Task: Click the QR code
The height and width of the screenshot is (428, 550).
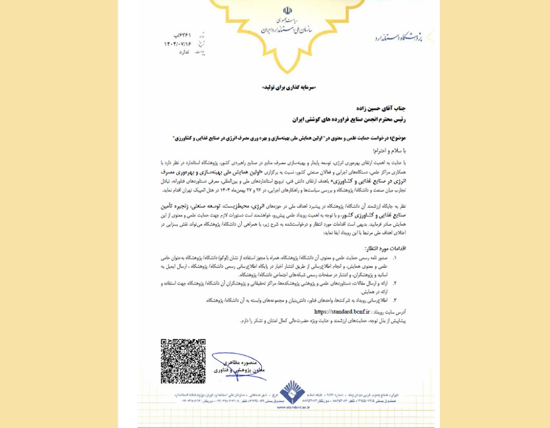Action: pyautogui.click(x=183, y=361)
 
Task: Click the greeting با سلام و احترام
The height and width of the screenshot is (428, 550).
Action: pyautogui.click(x=386, y=151)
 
